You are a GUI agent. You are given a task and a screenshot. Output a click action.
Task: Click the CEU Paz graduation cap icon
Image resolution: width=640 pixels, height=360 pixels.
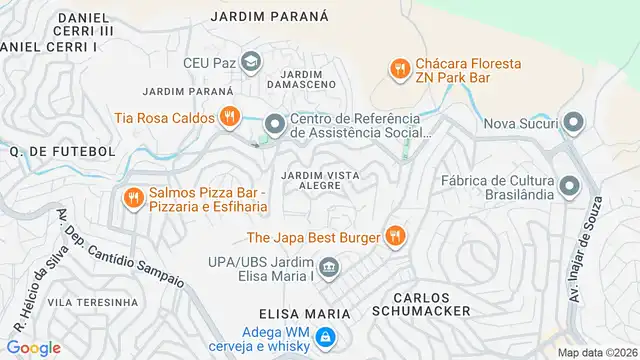[x=251, y=61]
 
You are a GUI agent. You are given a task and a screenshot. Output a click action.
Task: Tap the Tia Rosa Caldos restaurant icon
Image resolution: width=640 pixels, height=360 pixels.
[x=230, y=117]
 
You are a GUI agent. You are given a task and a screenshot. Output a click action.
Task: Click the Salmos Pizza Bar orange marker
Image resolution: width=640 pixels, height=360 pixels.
[x=131, y=198]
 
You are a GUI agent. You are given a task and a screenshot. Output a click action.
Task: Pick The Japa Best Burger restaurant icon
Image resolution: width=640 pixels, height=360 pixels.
[x=395, y=236]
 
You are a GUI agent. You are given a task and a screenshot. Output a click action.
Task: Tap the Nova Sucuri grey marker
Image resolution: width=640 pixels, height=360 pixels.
[x=573, y=124]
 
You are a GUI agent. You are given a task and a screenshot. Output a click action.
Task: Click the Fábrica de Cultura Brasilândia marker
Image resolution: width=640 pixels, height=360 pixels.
[x=570, y=187]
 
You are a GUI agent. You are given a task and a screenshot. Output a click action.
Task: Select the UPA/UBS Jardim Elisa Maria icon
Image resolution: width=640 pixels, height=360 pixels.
[x=330, y=269]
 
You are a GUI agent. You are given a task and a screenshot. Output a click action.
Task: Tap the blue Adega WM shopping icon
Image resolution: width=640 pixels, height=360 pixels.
[x=324, y=340]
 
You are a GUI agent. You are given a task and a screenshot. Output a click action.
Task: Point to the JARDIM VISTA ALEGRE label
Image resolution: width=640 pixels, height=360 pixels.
[x=320, y=180]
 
